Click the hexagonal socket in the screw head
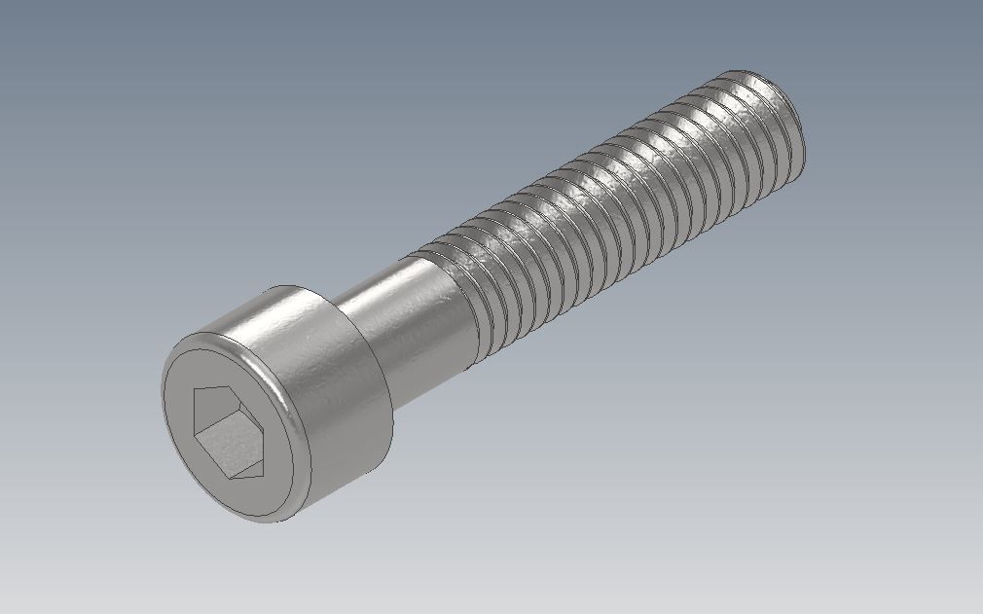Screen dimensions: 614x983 (230, 431)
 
